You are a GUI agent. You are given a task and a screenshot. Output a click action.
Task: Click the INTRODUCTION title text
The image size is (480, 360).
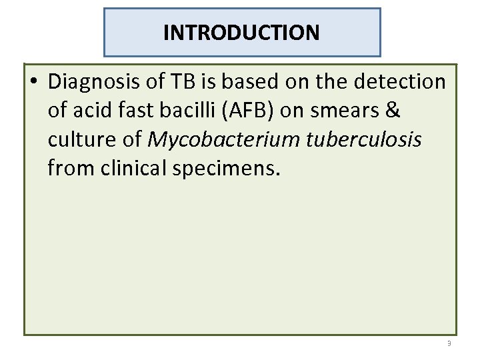click(x=241, y=32)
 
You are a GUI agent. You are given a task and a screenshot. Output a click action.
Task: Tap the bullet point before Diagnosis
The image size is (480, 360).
click(x=34, y=83)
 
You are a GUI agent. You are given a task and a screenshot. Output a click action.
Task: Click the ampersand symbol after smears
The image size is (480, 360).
click(x=393, y=111)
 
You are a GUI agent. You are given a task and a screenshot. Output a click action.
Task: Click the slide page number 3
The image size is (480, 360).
click(x=449, y=343)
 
